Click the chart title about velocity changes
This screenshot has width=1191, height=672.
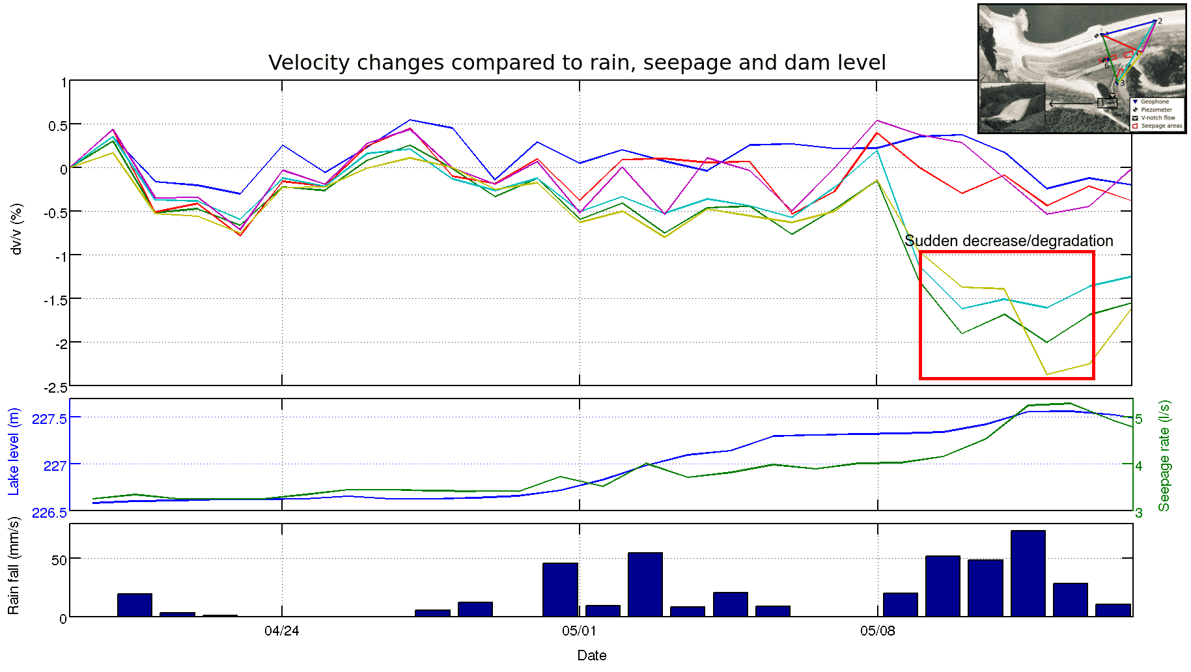(577, 63)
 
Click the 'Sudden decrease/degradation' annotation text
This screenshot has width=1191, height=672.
(1009, 241)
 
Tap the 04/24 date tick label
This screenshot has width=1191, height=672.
(282, 631)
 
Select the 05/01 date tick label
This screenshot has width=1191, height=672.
(579, 631)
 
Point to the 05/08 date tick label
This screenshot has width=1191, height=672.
(877, 631)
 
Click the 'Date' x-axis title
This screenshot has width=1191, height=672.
(591, 656)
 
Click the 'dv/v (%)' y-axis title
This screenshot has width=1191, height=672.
(17, 229)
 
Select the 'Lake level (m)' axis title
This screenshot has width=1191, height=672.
(14, 451)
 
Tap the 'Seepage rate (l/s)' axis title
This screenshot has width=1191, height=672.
(1164, 455)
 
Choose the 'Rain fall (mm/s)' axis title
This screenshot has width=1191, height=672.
(14, 565)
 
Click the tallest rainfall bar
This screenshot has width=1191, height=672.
(1028, 573)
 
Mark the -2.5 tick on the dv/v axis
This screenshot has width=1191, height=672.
(55, 388)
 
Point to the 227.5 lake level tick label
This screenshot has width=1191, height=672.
(49, 419)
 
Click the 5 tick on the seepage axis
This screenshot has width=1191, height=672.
(1139, 419)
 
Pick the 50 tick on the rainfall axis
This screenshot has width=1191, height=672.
(59, 560)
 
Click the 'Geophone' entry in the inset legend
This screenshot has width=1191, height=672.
(1155, 102)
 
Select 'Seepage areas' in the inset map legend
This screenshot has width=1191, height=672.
(1161, 126)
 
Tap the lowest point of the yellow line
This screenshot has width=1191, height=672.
(1046, 374)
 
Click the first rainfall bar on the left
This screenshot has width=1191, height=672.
(135, 605)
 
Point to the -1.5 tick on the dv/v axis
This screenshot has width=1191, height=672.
(55, 300)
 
